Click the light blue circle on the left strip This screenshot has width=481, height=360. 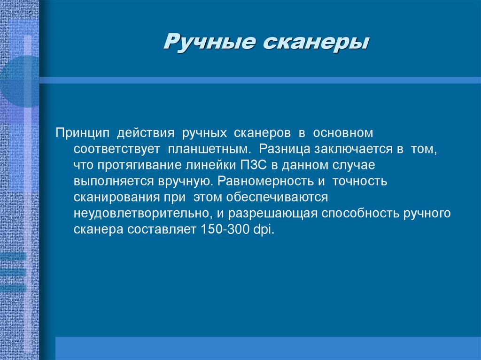coord(19,81)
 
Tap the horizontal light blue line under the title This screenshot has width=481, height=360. coord(258,80)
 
